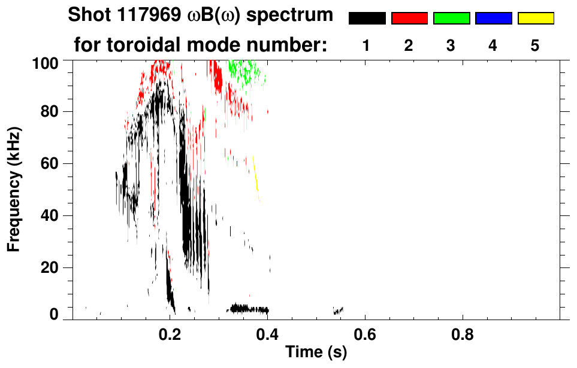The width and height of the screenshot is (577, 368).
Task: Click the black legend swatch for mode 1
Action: pos(367,19)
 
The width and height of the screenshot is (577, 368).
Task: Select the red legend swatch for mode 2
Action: pos(409,19)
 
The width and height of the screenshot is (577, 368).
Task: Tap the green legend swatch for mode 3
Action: pos(451,19)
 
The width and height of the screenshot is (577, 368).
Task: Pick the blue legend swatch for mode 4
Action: pos(493,19)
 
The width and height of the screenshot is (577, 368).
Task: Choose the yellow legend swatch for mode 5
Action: pos(535,19)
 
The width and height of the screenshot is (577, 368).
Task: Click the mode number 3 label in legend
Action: pos(451,46)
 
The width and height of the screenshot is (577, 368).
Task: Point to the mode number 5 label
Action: pos(535,46)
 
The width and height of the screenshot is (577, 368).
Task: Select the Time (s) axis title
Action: pos(316,352)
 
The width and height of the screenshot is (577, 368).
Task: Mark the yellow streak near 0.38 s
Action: pos(256,175)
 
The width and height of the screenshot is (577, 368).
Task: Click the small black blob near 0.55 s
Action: pos(339,311)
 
